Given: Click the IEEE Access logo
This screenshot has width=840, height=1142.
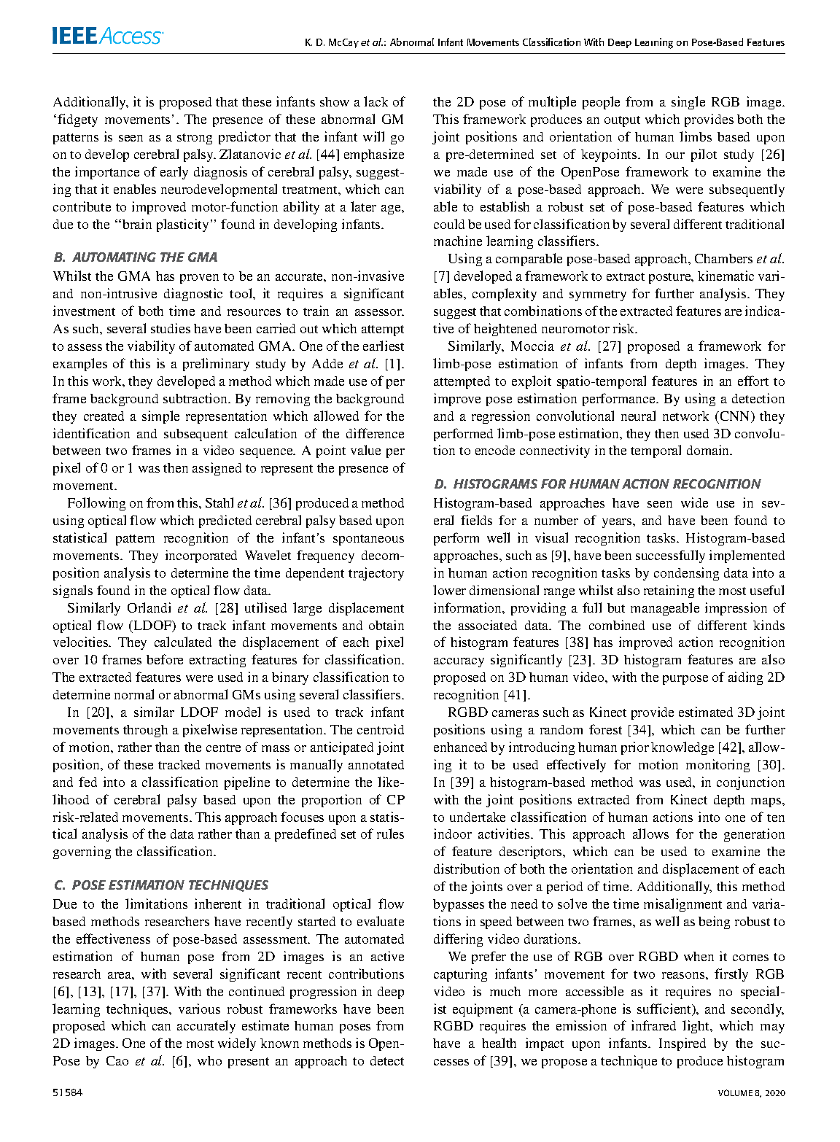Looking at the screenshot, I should [107, 36].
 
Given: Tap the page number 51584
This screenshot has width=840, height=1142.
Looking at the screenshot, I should [67, 1092].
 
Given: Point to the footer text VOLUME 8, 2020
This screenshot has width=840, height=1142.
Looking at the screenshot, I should [751, 1092].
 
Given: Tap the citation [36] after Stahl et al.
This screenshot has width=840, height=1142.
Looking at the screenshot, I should [281, 503].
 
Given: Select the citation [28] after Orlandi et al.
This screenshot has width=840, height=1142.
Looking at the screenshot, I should [226, 608].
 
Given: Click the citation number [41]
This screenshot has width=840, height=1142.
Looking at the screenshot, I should [517, 695].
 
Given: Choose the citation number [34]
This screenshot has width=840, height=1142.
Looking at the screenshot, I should [639, 730].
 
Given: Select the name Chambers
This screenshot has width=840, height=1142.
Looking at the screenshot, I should [723, 259].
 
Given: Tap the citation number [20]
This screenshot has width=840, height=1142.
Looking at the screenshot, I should [98, 712].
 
